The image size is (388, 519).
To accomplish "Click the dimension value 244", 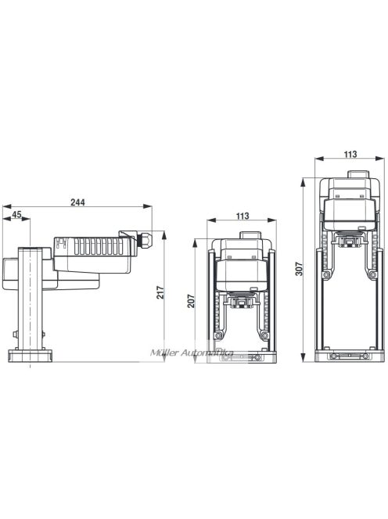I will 77,202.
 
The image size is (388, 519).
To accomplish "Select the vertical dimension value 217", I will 161,295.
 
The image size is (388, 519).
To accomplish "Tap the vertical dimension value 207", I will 191,300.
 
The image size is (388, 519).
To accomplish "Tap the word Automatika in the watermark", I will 204,353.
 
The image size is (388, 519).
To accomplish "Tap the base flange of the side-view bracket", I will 31,356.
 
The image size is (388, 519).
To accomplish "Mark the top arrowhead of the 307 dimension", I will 304,181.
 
